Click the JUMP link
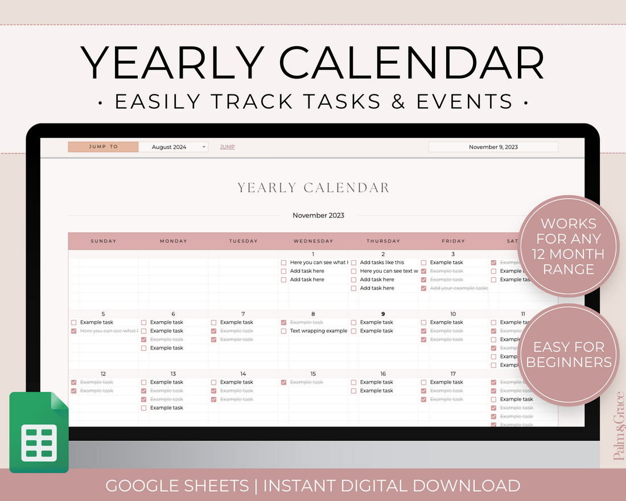point(227,147)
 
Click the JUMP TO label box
point(103,147)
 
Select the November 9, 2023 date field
point(493,147)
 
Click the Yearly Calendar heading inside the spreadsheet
point(313,188)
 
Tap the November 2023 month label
point(318,216)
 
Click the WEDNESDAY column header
point(313,241)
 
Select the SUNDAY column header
point(104,241)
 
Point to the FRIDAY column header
point(453,241)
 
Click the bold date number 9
point(383,314)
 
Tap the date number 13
point(173,374)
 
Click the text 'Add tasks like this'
point(382,262)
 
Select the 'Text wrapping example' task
point(318,331)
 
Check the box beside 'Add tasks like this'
point(353,262)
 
